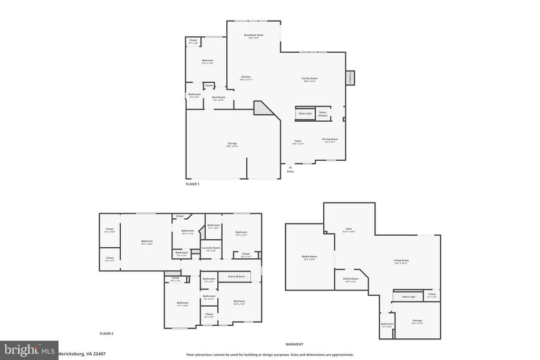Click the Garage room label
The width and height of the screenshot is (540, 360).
232,143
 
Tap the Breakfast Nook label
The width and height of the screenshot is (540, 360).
254,35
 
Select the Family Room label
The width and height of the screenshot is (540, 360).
310,79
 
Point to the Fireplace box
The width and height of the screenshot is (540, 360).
350,77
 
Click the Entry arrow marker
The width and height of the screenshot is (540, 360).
290,167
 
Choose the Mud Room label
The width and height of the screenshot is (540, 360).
218,97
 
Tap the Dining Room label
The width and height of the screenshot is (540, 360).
330,139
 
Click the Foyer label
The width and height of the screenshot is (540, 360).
298,141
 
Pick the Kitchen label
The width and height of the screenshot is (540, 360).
246,77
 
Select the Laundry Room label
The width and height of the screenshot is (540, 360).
211,248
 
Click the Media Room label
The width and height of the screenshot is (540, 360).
309,257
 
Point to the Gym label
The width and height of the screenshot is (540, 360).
349,229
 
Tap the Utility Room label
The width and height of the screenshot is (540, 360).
351,279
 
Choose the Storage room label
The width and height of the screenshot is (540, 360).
417,320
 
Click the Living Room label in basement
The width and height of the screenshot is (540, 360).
401,260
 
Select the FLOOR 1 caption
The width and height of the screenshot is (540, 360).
192,184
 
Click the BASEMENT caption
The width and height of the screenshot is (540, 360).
294,344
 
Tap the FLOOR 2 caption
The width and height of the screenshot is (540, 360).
107,334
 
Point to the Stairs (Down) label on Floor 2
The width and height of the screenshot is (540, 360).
236,276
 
